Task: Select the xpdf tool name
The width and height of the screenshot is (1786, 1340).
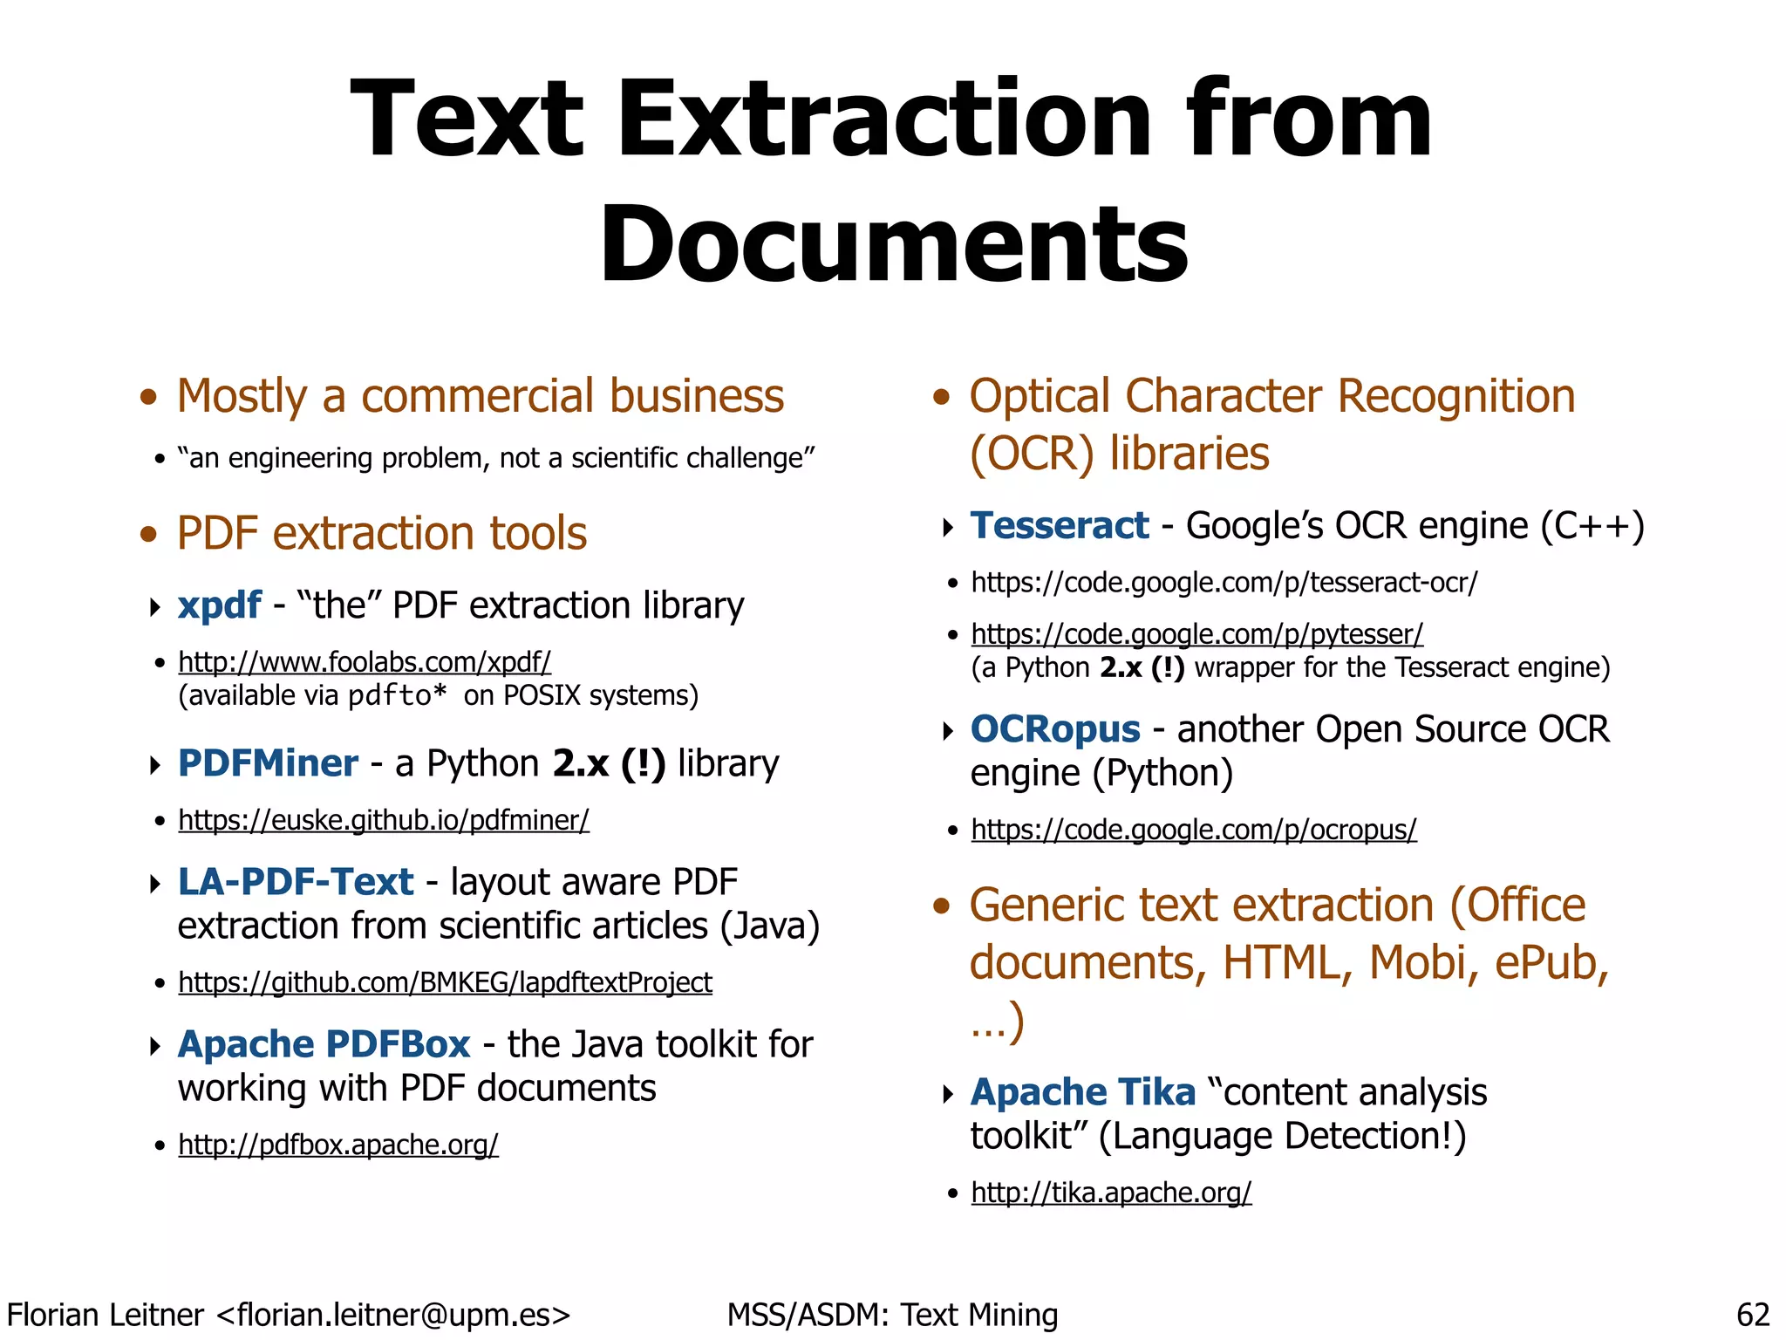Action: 219,605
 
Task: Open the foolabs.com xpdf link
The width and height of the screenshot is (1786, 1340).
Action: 365,662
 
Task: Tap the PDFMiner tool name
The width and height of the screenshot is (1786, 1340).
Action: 268,763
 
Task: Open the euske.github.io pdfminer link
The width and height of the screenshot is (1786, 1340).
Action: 384,820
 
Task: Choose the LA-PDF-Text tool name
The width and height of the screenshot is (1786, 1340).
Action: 296,882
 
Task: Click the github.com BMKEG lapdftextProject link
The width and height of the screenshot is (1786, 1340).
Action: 445,982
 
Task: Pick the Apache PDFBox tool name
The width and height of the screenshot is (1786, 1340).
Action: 324,1044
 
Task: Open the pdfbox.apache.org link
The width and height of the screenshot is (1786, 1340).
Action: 338,1145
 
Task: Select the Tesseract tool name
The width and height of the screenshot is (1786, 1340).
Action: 1060,526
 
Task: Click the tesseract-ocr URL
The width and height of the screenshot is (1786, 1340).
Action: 1224,583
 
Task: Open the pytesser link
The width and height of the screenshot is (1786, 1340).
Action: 1196,634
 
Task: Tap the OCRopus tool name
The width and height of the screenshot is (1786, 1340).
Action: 1055,729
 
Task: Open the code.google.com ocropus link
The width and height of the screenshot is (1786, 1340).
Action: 1194,830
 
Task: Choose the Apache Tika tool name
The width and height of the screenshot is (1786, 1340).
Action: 1083,1092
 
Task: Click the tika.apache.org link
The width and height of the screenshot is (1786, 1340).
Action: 1111,1193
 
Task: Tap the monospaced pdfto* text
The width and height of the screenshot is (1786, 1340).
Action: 397,696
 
